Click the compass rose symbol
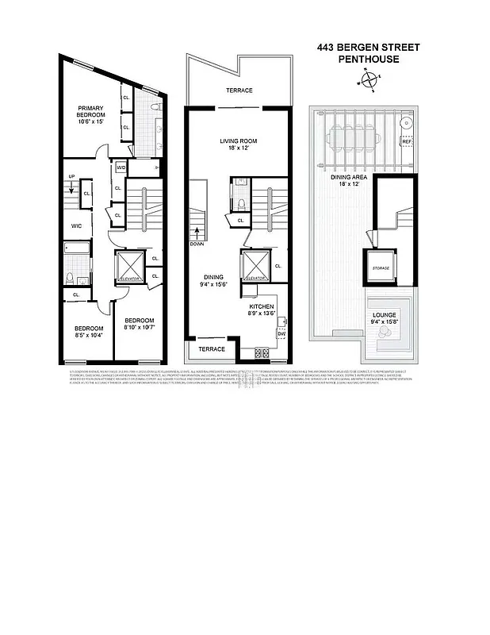coord(369,79)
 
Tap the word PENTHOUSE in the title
coord(369,59)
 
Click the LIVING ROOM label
coord(239,141)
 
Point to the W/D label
coord(121,168)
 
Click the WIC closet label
coord(77,226)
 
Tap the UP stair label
coord(71,176)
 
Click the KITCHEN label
coord(262,306)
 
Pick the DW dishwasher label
coord(281,333)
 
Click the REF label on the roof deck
coord(407,142)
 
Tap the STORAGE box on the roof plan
coord(381,267)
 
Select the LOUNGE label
coord(385,314)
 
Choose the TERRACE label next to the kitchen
coord(211,349)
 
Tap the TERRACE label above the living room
coord(238,91)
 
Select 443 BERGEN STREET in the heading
coord(369,48)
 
